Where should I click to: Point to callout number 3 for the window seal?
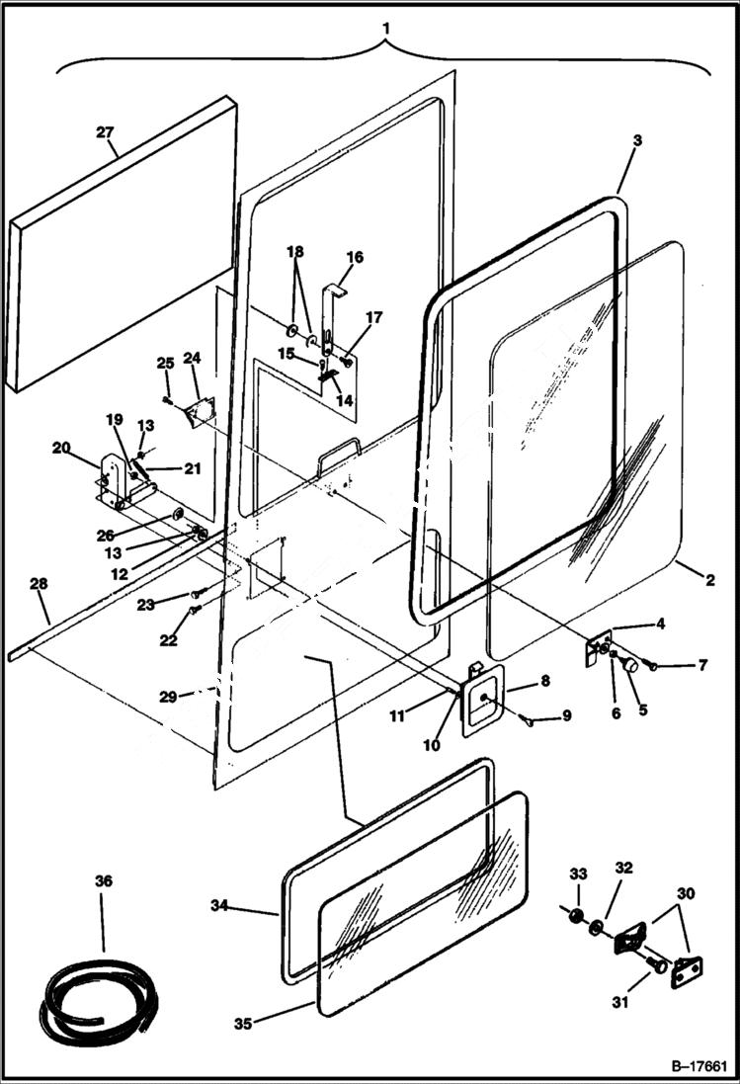point(638,141)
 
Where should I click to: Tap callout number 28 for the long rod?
point(39,585)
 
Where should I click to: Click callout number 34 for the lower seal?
point(221,904)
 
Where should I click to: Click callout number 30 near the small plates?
point(686,892)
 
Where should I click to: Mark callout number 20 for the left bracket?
point(61,447)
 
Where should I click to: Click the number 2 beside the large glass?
point(710,580)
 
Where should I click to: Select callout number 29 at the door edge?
point(170,697)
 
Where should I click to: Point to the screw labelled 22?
point(194,612)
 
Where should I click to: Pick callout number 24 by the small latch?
point(192,357)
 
